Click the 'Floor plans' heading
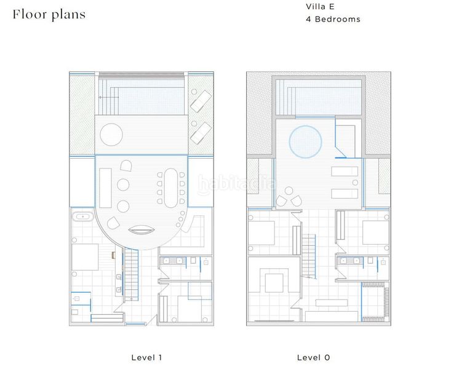49,15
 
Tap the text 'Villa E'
320,7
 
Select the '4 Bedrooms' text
333,19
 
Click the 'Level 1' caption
146,357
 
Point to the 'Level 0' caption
313,357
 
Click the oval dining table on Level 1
171,188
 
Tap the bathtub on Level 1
82,216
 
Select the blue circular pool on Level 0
305,141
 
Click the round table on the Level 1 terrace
111,135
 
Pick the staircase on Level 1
131,274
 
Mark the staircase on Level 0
308,256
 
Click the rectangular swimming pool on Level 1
142,97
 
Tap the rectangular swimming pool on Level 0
319,97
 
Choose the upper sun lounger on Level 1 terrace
201,101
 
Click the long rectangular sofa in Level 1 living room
105,188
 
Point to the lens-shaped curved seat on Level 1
142,230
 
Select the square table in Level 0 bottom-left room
274,283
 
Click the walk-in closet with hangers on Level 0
375,302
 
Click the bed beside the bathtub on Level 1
85,257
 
